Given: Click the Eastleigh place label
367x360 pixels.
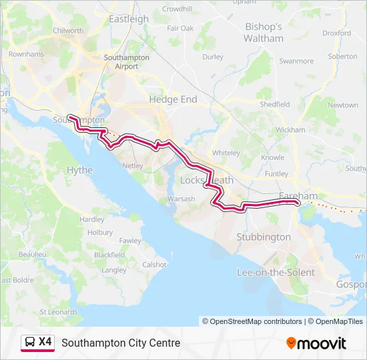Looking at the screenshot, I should pos(129,19).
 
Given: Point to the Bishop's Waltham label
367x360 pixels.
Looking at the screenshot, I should pos(264,33).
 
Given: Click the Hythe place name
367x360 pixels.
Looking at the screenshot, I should pos(79,171).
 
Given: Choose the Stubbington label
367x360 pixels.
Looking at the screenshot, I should pos(264,237).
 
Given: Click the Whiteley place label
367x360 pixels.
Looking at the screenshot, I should pos(226,153).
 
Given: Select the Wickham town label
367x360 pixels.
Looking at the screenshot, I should pos(290,129).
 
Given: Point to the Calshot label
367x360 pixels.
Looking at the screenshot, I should pos(154,265).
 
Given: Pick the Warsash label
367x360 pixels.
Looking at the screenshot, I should pos(181,199).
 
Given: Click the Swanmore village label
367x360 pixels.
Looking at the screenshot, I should pos(296,61).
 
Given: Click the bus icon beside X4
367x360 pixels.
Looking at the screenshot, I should pos(30,343).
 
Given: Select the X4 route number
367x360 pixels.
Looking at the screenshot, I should pos(45,342).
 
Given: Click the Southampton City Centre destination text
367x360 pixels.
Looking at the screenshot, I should pos(121,343).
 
